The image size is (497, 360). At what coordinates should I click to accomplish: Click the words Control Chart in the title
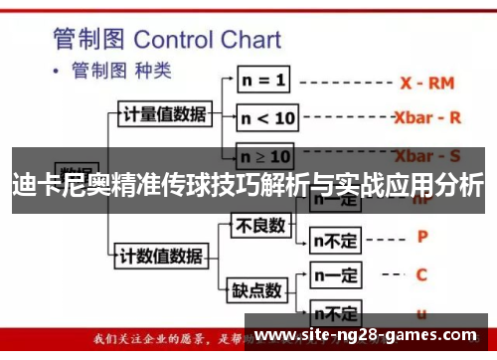(207, 41)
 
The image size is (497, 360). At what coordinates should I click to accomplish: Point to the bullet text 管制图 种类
(120, 73)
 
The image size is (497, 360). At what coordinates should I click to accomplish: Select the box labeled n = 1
(263, 78)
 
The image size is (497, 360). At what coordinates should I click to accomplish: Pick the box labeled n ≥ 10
(267, 157)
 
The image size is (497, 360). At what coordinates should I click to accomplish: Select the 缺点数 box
(257, 291)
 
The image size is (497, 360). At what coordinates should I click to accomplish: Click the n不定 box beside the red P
(336, 239)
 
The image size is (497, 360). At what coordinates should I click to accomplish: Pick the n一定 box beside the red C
(335, 274)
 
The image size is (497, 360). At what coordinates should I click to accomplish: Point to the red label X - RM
(428, 83)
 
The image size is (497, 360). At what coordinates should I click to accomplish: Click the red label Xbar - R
(427, 117)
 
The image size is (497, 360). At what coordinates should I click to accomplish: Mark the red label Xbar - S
(427, 156)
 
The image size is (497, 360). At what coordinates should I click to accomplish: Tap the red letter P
(422, 238)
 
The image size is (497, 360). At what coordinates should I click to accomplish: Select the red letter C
(421, 274)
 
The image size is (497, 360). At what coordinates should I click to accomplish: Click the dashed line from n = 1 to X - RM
(344, 81)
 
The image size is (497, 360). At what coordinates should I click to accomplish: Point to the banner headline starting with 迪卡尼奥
(248, 185)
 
